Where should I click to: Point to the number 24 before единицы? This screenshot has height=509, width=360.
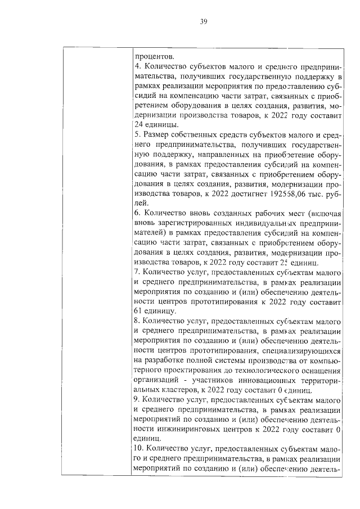(x=139, y=124)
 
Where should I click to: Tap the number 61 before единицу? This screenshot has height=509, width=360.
(x=138, y=311)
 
